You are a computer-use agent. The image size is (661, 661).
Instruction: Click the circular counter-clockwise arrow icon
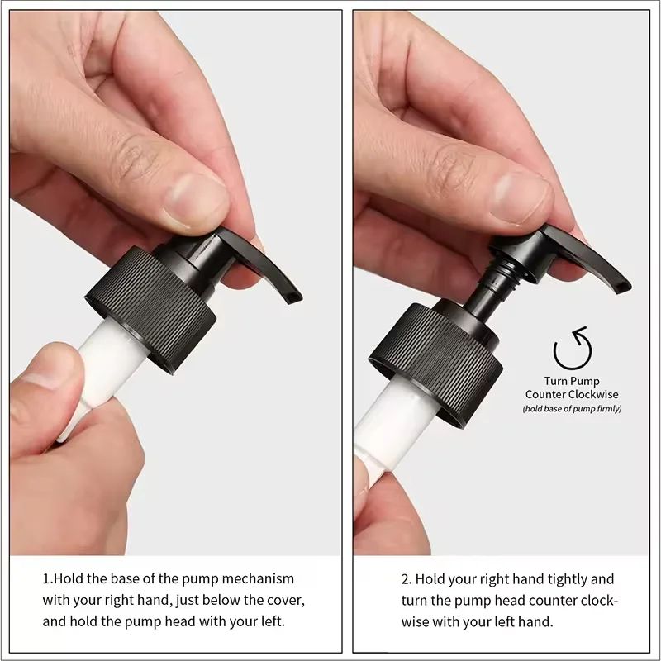tap(572, 348)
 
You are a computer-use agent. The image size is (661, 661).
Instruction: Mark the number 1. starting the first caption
tap(48, 578)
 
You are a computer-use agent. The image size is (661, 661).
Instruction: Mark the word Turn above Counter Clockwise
tap(557, 382)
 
